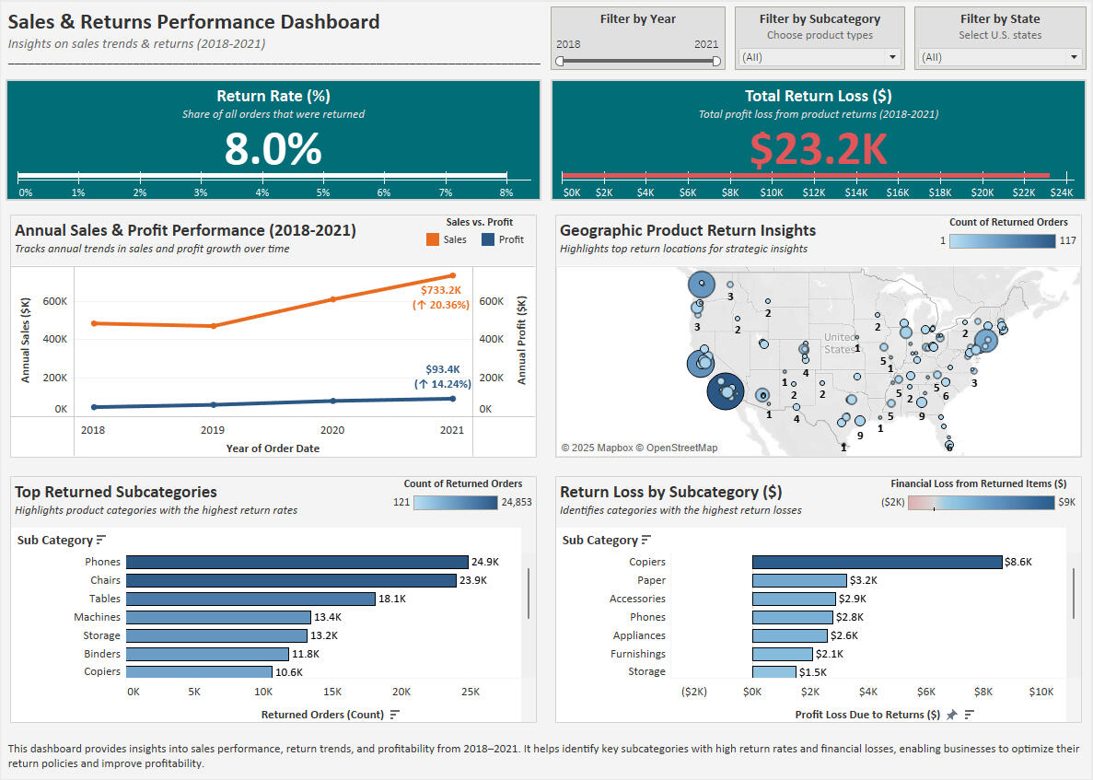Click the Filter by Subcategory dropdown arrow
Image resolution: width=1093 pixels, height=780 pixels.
tap(891, 57)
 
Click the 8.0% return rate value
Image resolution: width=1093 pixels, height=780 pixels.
tap(273, 148)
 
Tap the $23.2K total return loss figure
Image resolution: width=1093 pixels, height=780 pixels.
tap(818, 149)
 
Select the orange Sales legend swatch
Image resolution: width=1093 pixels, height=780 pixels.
tap(432, 239)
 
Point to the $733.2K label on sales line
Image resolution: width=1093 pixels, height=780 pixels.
tap(440, 289)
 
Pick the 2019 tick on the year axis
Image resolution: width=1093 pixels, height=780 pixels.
tap(213, 430)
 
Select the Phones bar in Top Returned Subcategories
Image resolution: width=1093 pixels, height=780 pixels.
tap(297, 562)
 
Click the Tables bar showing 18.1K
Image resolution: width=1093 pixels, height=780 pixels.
tap(250, 599)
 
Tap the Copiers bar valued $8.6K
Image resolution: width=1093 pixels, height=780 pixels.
tap(876, 562)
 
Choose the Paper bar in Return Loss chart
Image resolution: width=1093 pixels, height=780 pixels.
tap(798, 580)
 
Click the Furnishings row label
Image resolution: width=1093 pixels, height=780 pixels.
tap(637, 654)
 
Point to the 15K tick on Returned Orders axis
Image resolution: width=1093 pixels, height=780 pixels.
tap(331, 692)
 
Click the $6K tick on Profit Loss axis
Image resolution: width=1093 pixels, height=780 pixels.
tap(925, 692)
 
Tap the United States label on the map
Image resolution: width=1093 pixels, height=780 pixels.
tap(839, 343)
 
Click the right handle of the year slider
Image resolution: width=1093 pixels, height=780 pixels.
tap(716, 61)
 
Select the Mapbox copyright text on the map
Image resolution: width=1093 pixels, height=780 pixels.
tap(639, 448)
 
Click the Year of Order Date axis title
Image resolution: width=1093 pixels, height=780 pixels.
tap(272, 448)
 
